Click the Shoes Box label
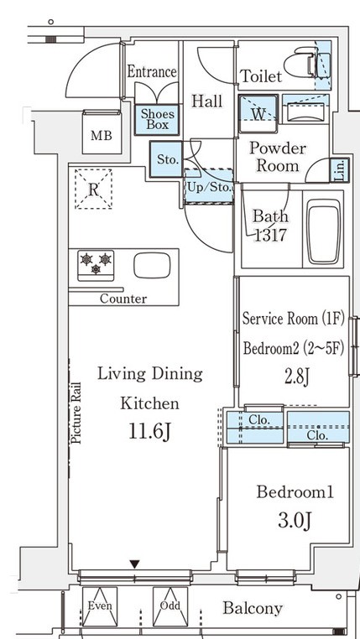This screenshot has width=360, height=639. [x=158, y=119]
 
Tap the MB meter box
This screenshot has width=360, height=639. [x=102, y=132]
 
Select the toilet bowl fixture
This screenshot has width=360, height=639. [x=301, y=62]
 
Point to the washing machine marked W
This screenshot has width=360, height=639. [x=258, y=114]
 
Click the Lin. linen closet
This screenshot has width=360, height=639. [x=340, y=170]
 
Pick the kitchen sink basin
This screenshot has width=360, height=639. [x=152, y=265]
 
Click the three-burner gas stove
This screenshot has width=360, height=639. [x=96, y=265]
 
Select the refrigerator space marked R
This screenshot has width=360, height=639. [x=93, y=190]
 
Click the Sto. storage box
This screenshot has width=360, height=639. [x=166, y=159]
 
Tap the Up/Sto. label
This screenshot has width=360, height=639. [x=210, y=189]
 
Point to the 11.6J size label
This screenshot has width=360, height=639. [x=149, y=432]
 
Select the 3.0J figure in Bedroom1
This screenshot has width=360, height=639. [x=295, y=521]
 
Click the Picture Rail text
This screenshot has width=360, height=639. [x=76, y=413]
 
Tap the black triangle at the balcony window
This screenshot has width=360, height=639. [x=134, y=564]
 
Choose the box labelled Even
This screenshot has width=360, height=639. [x=100, y=606]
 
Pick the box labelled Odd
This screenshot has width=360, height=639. [x=170, y=606]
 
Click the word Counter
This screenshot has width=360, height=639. [x=123, y=299]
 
